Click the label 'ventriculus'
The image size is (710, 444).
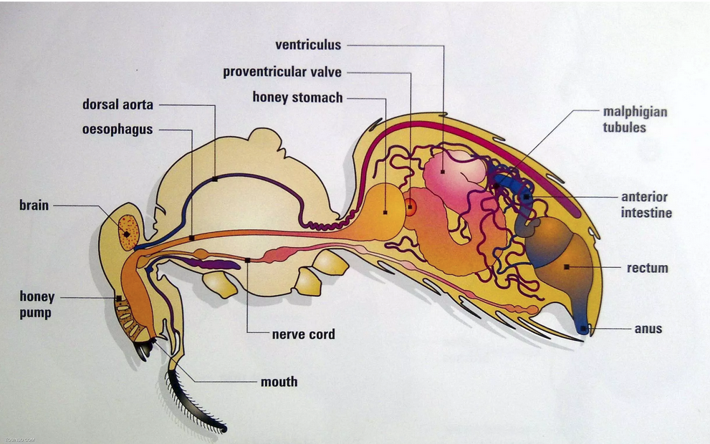pos(308,45)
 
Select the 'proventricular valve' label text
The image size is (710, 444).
pos(282,72)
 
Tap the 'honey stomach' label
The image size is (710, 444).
pos(297,97)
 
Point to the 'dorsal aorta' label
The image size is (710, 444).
pos(117,105)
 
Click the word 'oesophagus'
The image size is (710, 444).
pos(117,130)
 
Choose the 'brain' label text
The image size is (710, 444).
pos(34,206)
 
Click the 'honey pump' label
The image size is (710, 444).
pos(37,304)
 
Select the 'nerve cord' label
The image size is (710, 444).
pos(303,334)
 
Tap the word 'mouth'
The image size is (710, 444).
pos(279,382)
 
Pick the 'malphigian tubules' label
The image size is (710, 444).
pos(635,120)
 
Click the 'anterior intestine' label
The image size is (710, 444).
pos(645,205)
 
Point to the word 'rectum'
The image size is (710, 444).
pos(647,268)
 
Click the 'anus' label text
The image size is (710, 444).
pos(648,329)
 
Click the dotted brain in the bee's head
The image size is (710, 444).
pos(128,232)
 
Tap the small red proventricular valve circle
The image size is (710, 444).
pos(410,208)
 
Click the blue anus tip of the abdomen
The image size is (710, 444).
pos(584,328)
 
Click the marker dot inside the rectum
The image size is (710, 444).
pos(566,267)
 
